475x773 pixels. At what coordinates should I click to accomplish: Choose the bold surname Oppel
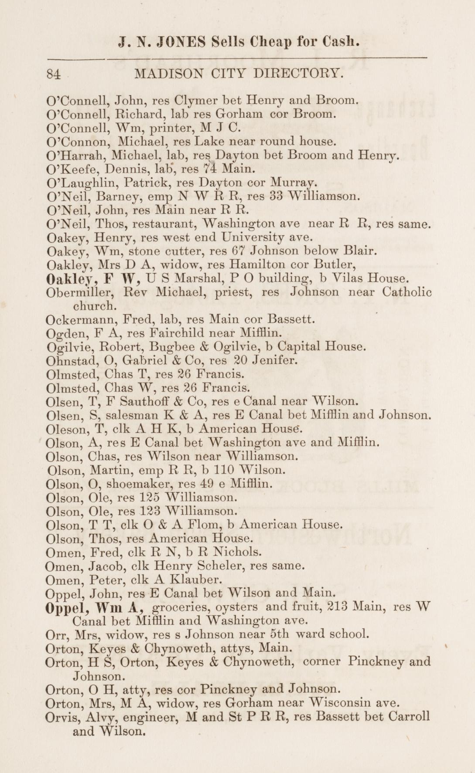tap(64, 607)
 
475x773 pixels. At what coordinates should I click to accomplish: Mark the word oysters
tap(239, 607)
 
